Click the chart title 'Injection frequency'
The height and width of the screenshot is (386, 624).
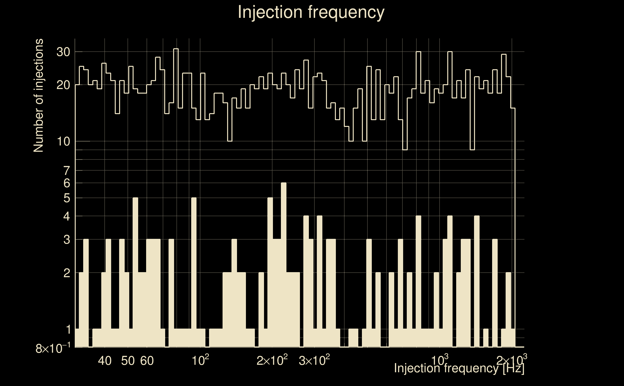(x=311, y=12)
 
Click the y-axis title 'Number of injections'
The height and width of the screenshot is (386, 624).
(x=38, y=96)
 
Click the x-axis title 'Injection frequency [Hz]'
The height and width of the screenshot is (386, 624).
(x=459, y=368)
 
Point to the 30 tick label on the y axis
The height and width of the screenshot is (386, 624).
(x=63, y=52)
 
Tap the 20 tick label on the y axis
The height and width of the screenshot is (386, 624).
(x=63, y=85)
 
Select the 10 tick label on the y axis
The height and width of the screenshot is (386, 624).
(x=63, y=141)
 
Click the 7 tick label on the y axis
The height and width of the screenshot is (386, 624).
(x=67, y=171)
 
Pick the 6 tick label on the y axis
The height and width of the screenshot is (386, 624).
(x=67, y=183)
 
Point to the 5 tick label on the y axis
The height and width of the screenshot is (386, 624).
(x=67, y=198)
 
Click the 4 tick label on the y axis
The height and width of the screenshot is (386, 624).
(x=67, y=216)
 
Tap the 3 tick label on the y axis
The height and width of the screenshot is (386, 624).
(x=67, y=240)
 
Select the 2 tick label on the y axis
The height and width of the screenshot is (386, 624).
(x=67, y=273)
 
